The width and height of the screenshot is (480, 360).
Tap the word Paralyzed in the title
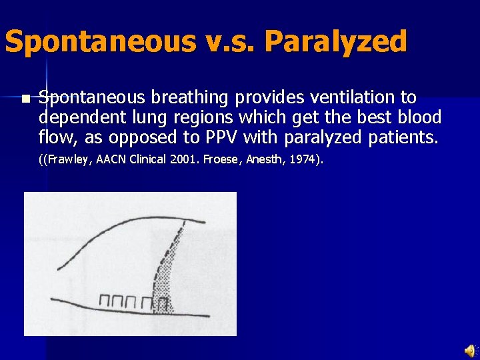(x=335, y=41)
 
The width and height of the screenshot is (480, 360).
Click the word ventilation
(x=350, y=98)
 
